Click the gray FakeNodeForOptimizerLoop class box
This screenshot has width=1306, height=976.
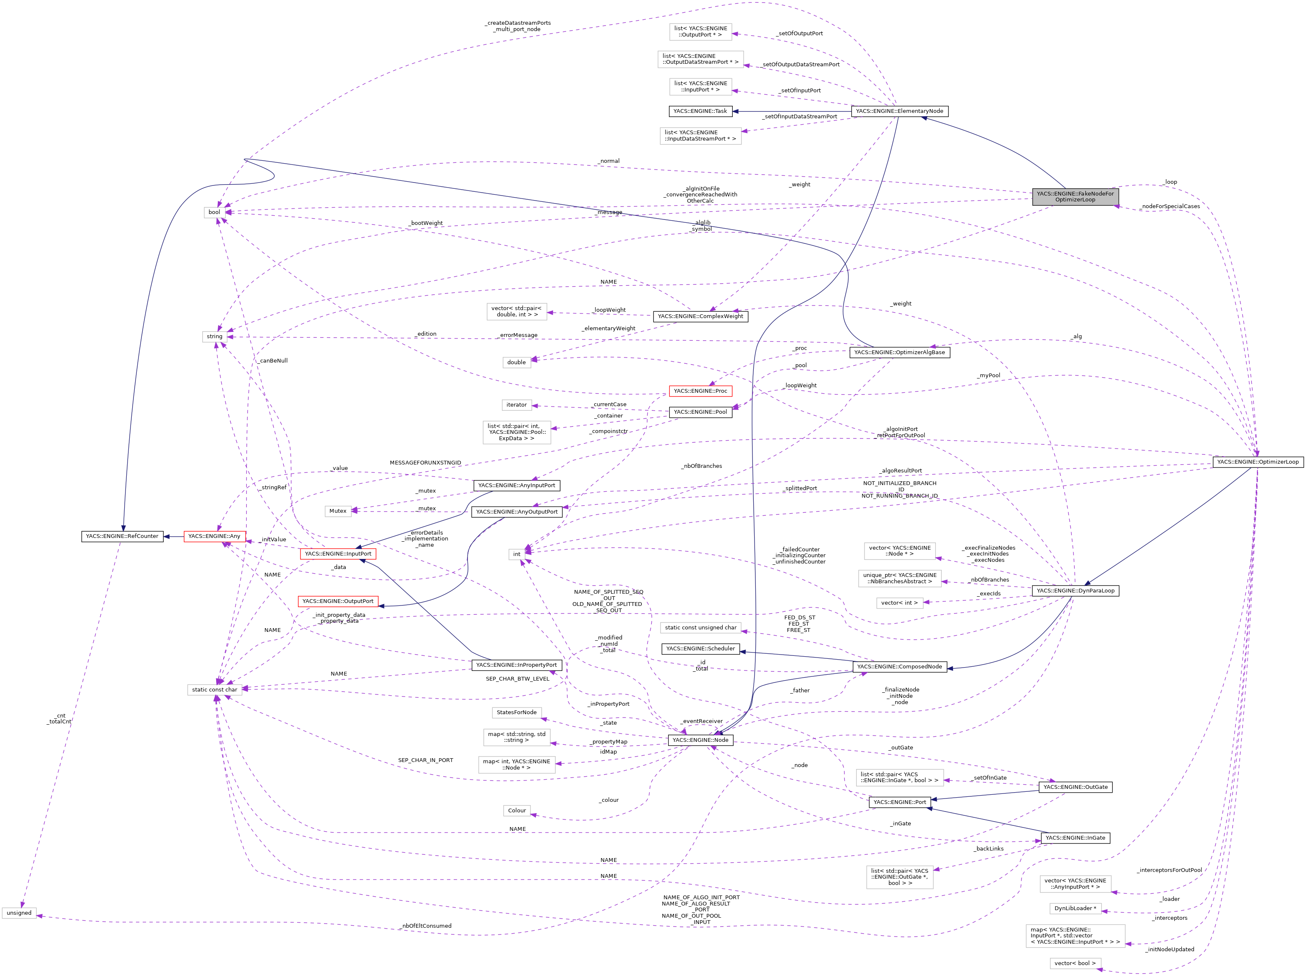(1075, 197)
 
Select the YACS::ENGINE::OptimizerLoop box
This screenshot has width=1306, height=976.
(1257, 462)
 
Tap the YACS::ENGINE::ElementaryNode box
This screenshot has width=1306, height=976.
(899, 111)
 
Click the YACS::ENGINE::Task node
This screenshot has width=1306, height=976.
(700, 111)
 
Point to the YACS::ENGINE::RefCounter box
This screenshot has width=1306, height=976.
(122, 536)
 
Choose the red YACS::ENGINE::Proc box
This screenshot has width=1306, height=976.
(700, 391)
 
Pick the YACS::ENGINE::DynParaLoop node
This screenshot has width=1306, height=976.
(1075, 590)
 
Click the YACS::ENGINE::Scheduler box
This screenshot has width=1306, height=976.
(700, 648)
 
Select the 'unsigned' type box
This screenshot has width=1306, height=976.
(19, 913)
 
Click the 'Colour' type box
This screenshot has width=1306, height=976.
(517, 811)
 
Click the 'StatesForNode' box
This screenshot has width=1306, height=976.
(517, 712)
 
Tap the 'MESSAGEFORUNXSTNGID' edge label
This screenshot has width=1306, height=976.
(425, 463)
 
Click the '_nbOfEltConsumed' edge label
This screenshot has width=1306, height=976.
(425, 926)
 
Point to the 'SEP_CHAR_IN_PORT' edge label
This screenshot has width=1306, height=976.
(425, 760)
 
